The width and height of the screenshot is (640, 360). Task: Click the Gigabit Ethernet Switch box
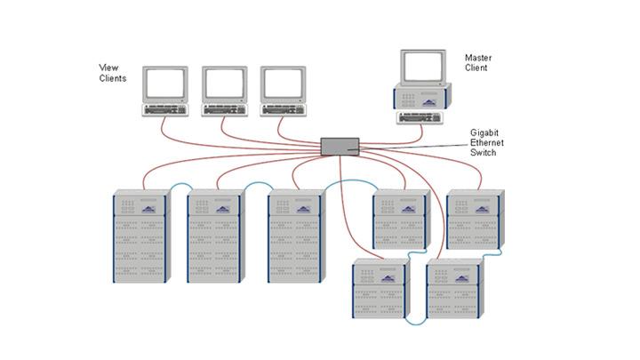pyautogui.click(x=340, y=145)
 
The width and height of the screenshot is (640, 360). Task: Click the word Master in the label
pyautogui.click(x=477, y=59)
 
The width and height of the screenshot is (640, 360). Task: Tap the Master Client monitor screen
pyautogui.click(x=422, y=67)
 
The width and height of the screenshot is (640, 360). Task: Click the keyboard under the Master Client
pyautogui.click(x=421, y=116)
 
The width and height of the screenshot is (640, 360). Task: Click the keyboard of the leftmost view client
pyautogui.click(x=165, y=109)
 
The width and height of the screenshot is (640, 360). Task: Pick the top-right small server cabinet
pyautogui.click(x=475, y=219)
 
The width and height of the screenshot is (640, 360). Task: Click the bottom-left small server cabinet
pyautogui.click(x=380, y=288)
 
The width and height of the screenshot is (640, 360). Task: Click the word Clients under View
pyautogui.click(x=112, y=78)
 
